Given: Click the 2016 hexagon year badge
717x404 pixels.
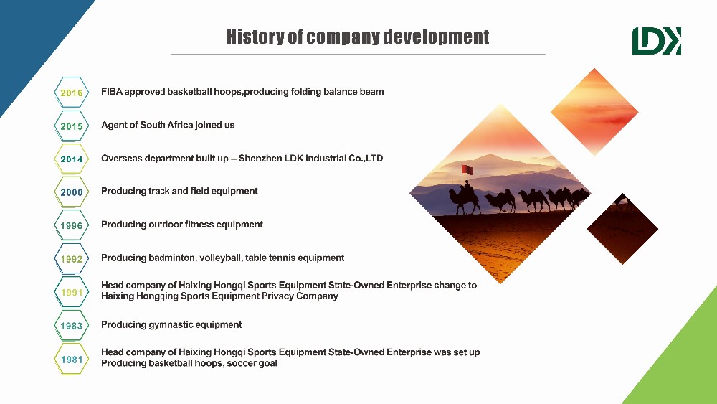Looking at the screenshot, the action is coord(71,93).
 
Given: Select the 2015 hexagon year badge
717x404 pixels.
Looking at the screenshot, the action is coord(71,126).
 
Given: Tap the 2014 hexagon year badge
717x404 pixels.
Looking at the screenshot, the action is coord(71,159).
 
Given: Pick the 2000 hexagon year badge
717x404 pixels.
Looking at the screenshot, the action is coord(71,192).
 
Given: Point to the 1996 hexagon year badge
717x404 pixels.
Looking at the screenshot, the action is coord(71,225).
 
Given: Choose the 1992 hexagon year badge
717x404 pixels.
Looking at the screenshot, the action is coord(71,259).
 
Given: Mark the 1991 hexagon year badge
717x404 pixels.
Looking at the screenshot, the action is coord(71,292).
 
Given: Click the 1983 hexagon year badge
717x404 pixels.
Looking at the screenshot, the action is coord(71,326).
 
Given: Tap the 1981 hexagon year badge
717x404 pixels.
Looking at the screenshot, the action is coord(71,360).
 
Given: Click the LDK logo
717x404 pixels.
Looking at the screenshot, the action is coord(657,41).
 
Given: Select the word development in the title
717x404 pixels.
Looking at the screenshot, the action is coord(436,37).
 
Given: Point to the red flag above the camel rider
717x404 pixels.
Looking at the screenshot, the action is coord(467,170).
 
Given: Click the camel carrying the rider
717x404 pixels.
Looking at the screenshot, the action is coord(465,199).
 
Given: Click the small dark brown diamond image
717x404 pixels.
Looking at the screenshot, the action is coord(622,229).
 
